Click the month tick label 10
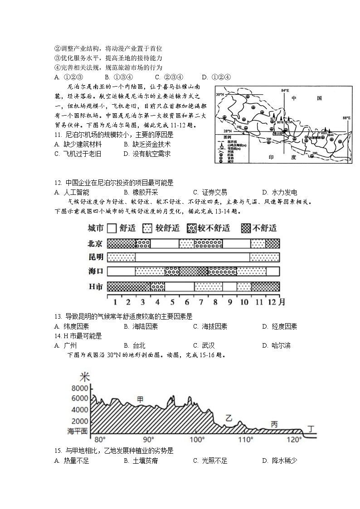point(243,301)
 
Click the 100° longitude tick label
point(196,440)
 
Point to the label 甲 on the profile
point(140,399)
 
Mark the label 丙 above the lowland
point(274,424)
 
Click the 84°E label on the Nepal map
point(285,91)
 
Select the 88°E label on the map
point(346,118)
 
